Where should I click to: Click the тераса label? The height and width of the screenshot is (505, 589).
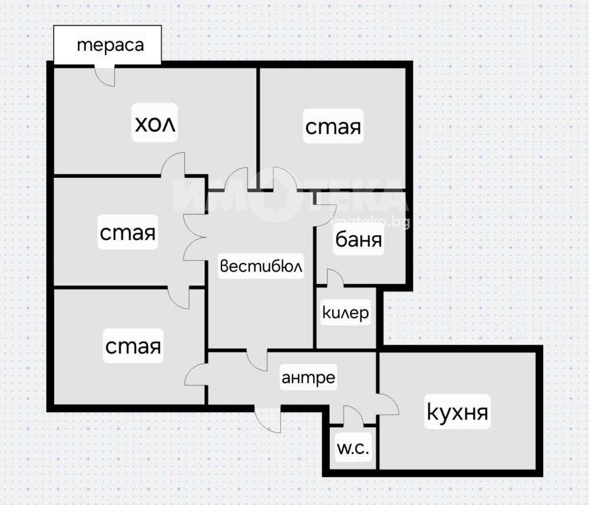[110, 45]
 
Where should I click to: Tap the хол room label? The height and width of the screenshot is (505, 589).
[155, 123]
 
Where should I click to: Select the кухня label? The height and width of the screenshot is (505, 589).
[457, 411]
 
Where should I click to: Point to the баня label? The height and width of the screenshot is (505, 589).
[358, 239]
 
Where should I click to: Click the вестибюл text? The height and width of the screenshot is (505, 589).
[261, 266]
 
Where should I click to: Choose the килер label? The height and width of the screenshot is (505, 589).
[346, 313]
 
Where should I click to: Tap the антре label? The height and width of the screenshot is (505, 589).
[309, 378]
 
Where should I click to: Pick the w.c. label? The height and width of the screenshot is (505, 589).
[353, 448]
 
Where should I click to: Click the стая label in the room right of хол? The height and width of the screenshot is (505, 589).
[333, 127]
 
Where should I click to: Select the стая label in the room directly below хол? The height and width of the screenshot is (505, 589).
[127, 232]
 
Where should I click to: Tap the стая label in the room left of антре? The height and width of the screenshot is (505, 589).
[133, 346]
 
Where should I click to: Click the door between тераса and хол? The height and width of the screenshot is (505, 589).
[104, 75]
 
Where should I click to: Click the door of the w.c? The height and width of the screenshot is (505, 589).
[353, 416]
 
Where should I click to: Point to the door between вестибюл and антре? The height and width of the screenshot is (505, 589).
[257, 361]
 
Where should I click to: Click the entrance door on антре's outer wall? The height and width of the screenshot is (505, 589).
[268, 420]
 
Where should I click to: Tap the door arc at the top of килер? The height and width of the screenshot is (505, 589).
[335, 278]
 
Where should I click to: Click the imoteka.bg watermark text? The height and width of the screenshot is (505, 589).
[369, 222]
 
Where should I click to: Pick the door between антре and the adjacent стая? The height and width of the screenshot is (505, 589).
[196, 374]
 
